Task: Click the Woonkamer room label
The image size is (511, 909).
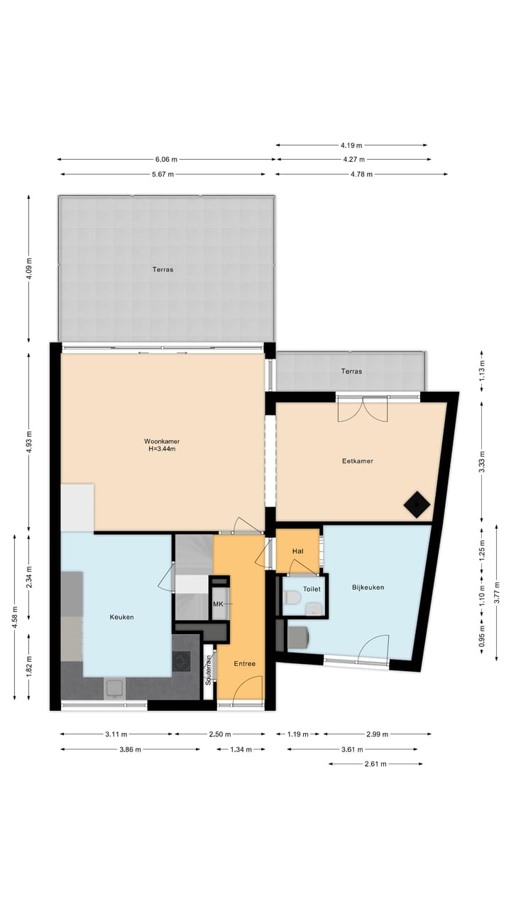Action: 162,440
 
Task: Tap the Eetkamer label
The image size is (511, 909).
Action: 358,461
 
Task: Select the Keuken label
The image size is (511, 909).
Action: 121,617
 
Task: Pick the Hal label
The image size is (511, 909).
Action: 297,550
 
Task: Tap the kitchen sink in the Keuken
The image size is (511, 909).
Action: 114,687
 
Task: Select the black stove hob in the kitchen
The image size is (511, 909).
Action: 182,662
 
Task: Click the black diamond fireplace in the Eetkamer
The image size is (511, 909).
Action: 416,505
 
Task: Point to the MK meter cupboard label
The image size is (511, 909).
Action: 219,604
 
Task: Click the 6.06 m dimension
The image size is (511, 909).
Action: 166,160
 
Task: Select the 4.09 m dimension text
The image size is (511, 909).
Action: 29,269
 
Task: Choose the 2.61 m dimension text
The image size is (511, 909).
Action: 375,764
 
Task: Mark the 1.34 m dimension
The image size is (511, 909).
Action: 241,749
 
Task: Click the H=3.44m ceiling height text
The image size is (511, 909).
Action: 162,449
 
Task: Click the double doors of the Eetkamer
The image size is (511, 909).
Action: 362,407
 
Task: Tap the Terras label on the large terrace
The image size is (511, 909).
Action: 163,270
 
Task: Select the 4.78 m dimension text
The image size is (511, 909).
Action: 361,174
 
